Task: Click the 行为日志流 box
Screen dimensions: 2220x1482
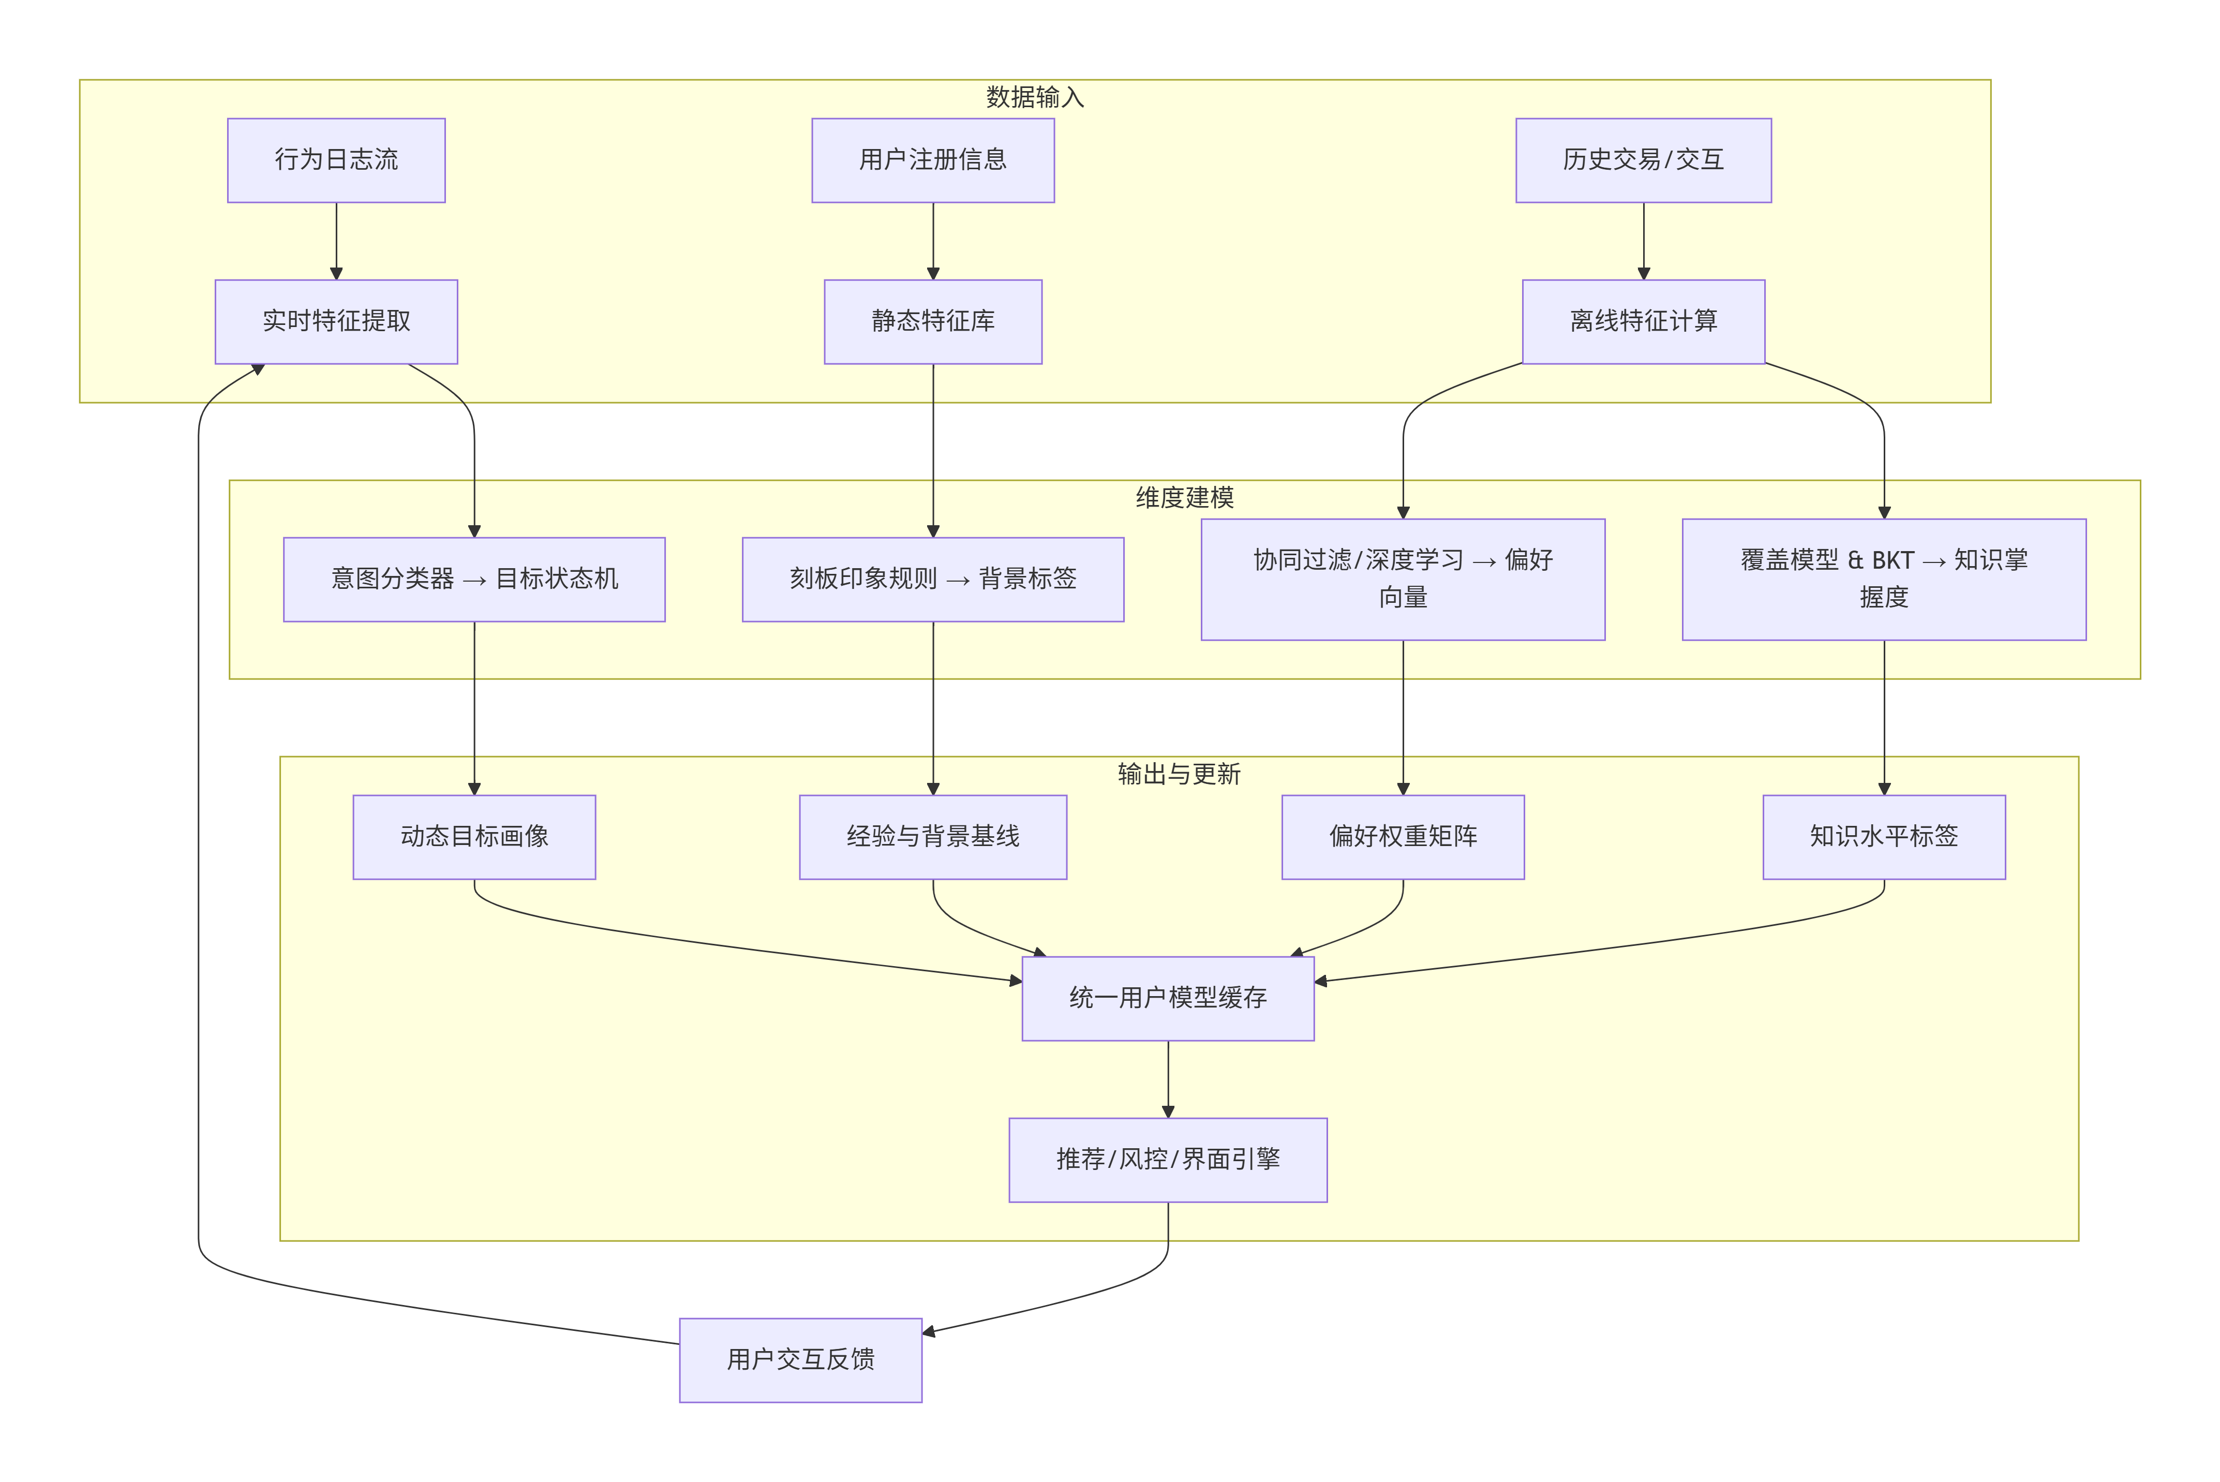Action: tap(336, 160)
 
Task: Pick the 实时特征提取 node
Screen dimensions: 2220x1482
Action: tap(336, 321)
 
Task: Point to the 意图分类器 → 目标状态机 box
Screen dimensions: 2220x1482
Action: tap(474, 580)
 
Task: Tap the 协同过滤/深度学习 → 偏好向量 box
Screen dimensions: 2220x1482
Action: tap(1403, 580)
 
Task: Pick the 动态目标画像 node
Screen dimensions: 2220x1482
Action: tap(474, 837)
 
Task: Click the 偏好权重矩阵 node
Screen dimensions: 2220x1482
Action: tap(1403, 837)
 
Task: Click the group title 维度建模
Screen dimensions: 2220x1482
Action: tap(1185, 498)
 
